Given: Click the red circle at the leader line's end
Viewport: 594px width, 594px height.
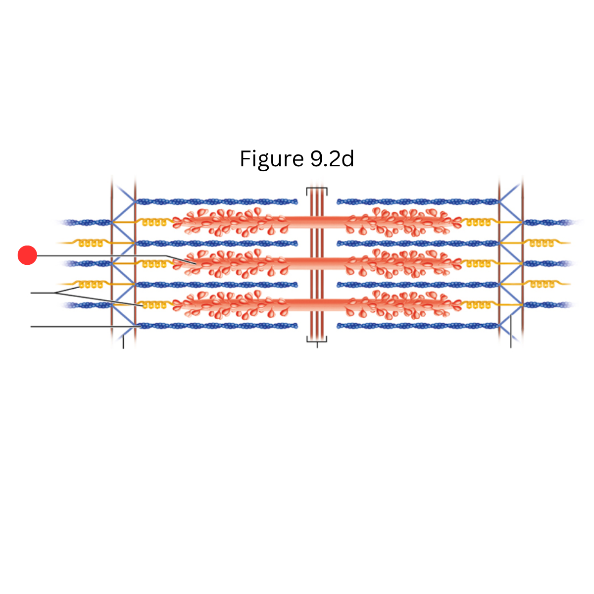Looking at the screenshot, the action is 27,255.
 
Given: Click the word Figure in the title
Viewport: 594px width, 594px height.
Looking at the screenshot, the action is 272,159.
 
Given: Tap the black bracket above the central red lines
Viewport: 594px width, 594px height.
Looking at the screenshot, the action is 317,189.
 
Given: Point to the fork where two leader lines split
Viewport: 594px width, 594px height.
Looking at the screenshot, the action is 55,293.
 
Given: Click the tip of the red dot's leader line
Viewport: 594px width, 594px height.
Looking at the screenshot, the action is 196,264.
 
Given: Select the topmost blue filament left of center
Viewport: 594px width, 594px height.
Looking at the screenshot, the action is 217,202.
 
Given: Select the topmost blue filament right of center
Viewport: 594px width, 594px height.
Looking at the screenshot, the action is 418,202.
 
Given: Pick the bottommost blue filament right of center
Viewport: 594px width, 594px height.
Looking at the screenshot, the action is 418,326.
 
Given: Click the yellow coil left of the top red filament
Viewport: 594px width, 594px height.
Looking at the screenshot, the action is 154,222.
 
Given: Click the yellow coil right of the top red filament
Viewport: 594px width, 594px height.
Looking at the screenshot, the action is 478,222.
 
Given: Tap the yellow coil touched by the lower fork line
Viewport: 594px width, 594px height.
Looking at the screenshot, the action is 154,305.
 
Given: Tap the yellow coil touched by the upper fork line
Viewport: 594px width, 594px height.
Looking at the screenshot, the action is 91,284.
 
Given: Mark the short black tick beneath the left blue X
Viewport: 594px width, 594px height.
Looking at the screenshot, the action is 123,342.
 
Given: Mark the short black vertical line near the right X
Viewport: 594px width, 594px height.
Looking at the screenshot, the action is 511,331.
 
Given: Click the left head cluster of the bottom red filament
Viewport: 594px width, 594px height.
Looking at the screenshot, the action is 231,304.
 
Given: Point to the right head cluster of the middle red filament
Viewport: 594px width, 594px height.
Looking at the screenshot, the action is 404,263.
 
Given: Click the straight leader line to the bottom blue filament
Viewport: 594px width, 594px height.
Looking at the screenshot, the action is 85,326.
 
